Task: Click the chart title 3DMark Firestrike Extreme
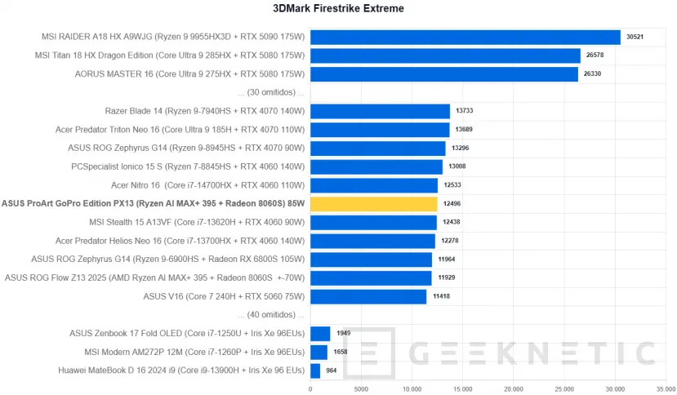(x=338, y=9)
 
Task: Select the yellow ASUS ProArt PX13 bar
(x=373, y=204)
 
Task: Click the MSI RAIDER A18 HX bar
(x=465, y=37)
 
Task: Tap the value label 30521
(x=636, y=37)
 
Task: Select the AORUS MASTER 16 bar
(x=443, y=74)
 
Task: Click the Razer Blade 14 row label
(x=205, y=111)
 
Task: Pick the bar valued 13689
(x=380, y=130)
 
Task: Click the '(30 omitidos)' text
(x=270, y=92)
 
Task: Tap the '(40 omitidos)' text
(x=270, y=315)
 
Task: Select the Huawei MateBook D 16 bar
(x=315, y=371)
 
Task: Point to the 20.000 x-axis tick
(x=514, y=388)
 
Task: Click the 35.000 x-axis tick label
(x=666, y=388)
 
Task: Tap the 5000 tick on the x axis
(x=361, y=388)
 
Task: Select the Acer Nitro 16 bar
(x=374, y=185)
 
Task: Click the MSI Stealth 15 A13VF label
(x=197, y=222)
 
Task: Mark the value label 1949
(x=344, y=334)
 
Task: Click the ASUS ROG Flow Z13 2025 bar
(x=371, y=278)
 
